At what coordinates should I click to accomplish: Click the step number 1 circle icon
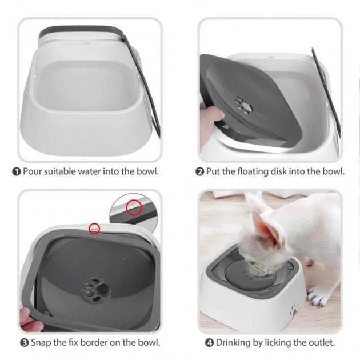(17, 172)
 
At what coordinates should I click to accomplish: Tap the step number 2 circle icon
(199, 172)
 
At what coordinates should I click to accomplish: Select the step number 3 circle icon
(25, 343)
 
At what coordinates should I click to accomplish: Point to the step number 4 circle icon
(209, 343)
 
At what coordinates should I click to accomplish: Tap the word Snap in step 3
(41, 343)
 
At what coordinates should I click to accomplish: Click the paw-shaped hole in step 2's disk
(244, 106)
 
